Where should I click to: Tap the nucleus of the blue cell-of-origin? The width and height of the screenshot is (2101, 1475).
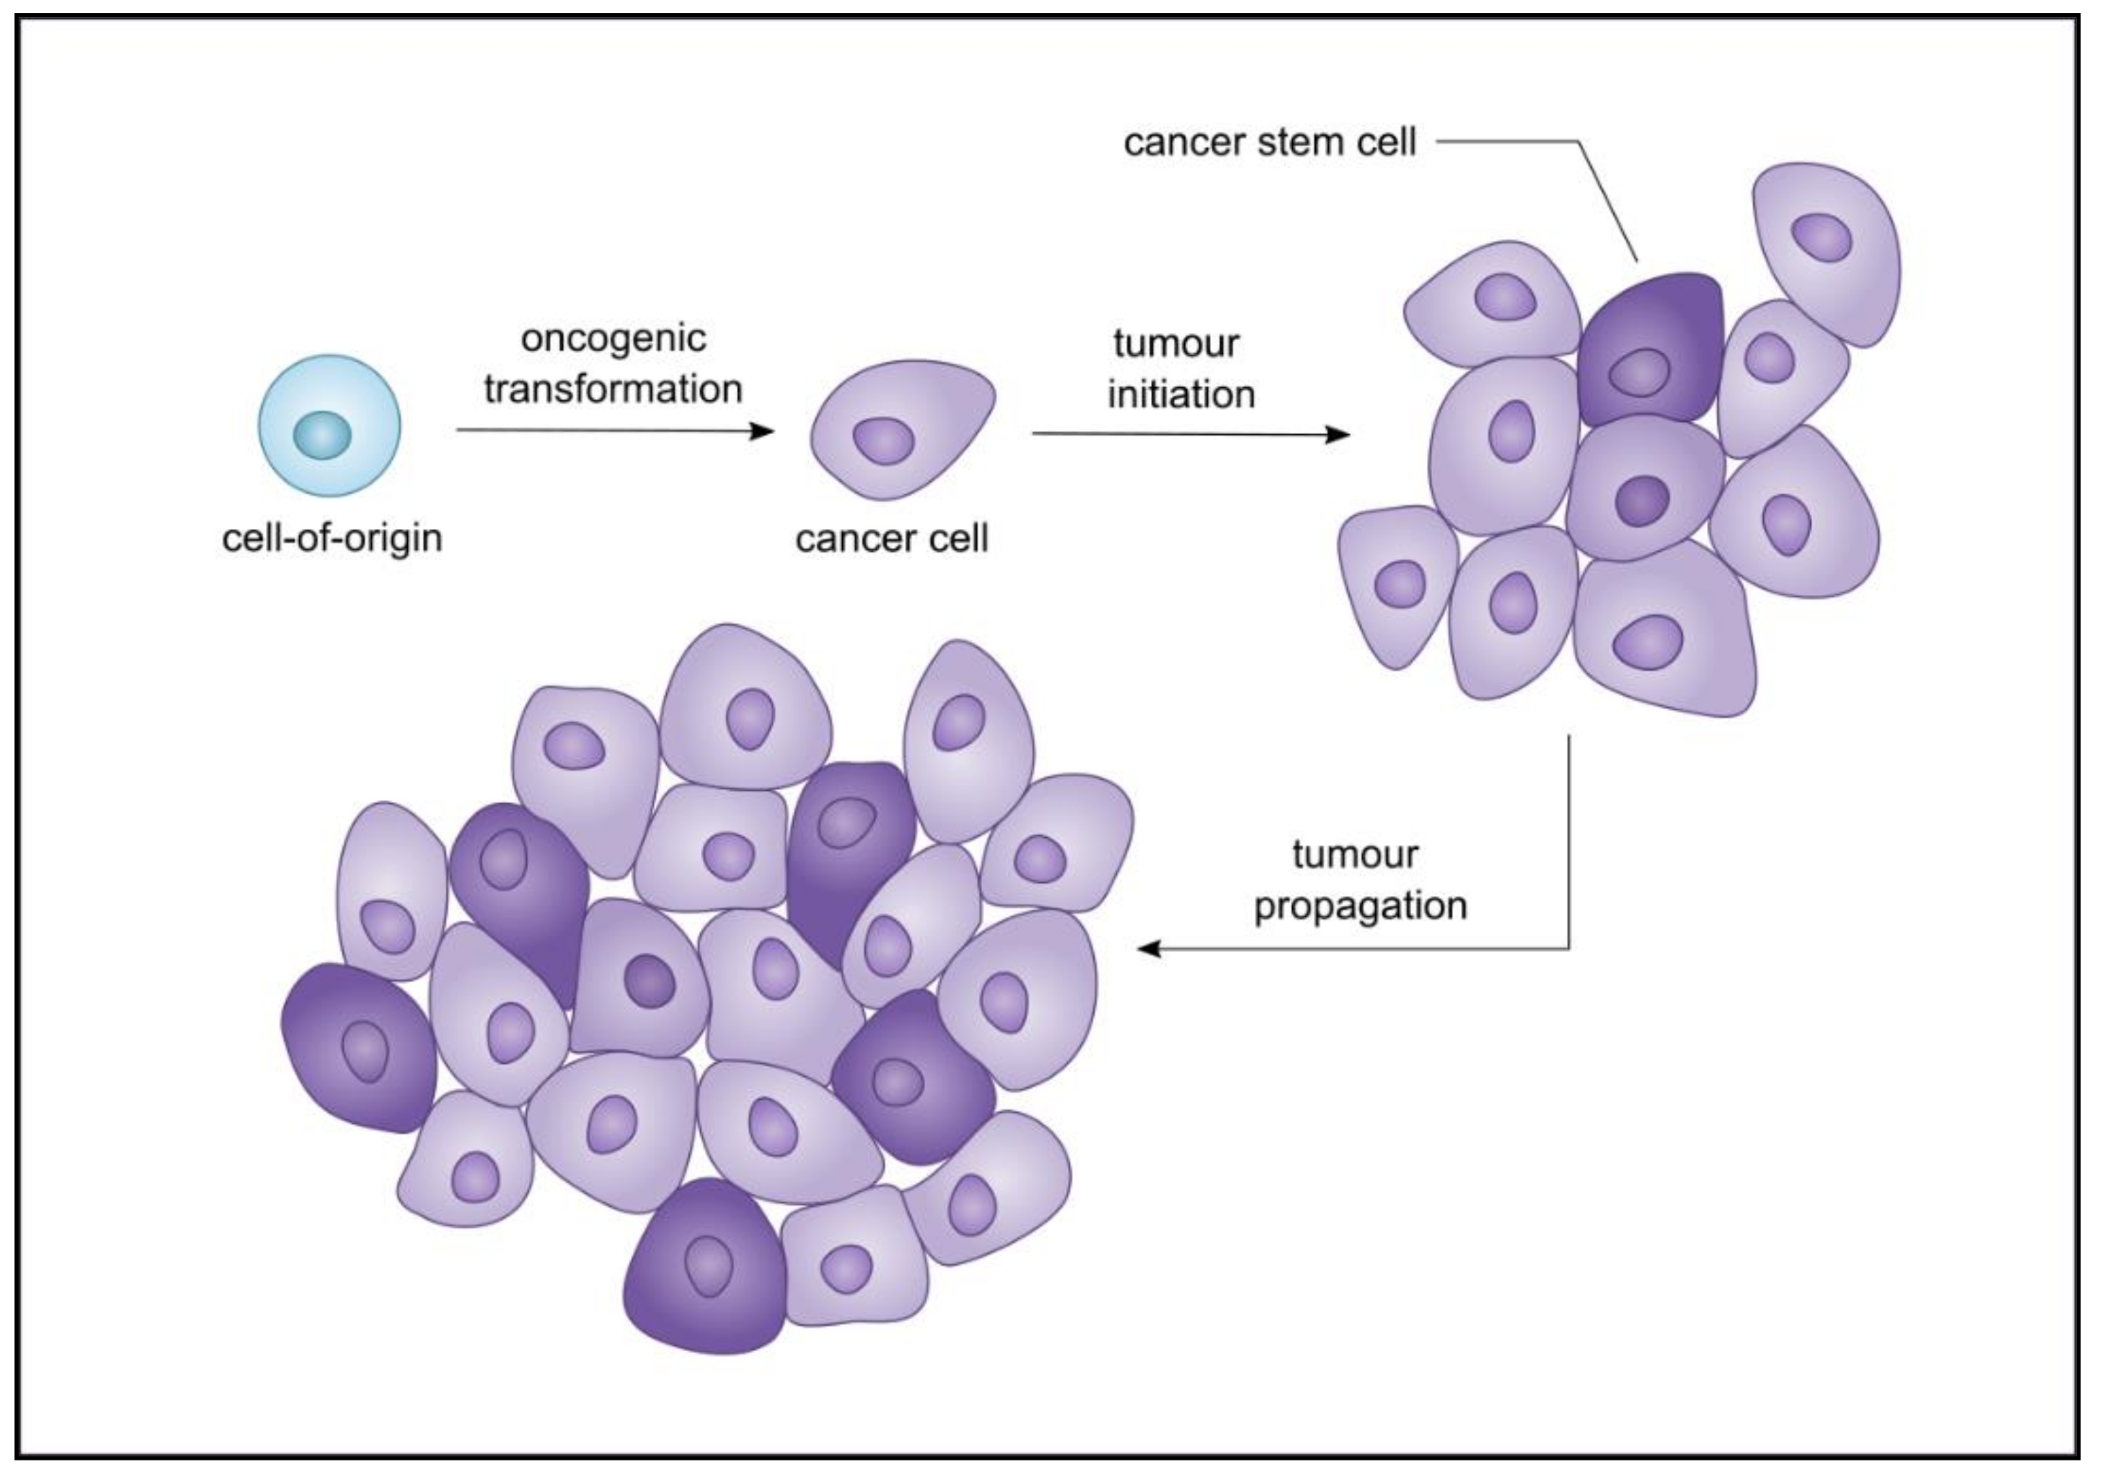coord(322,435)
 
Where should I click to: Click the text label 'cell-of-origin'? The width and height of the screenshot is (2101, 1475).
coord(332,538)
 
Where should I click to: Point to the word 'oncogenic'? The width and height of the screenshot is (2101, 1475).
coord(613,339)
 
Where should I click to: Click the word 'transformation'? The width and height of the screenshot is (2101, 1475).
coord(613,390)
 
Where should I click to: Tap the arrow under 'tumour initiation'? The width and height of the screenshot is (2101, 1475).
coord(1190,435)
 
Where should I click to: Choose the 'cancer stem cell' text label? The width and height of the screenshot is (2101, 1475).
coord(1269,143)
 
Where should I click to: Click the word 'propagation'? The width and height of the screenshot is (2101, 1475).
coord(1361,906)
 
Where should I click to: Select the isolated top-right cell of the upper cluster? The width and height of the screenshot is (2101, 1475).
coord(1825,251)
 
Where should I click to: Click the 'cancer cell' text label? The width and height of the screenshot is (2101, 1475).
coord(892,539)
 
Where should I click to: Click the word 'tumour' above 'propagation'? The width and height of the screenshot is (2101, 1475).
coord(1355,855)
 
